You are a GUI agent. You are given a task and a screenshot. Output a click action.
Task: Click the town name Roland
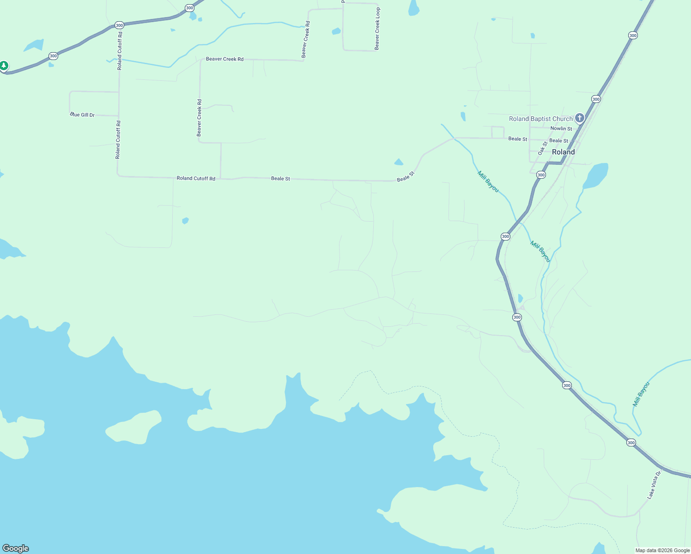564,152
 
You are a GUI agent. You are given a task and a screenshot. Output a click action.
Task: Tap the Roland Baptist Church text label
540,119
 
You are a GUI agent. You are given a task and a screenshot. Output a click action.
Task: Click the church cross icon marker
579,118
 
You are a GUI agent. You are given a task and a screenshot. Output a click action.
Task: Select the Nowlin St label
561,129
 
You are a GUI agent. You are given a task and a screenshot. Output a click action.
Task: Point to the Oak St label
542,148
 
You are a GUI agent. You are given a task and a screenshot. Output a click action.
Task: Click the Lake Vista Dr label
654,485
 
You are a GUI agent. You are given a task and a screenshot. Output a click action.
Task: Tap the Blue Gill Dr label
83,115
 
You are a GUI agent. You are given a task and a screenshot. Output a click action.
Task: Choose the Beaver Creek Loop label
377,29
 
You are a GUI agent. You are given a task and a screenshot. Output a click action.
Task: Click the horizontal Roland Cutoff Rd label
196,179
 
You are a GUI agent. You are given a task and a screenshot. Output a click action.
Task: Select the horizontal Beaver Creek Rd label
224,59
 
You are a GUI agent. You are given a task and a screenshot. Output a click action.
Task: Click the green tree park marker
4,66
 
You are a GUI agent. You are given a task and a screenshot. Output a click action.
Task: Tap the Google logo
16,548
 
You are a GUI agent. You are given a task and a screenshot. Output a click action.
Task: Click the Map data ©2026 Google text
662,550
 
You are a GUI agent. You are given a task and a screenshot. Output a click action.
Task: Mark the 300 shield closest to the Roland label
541,175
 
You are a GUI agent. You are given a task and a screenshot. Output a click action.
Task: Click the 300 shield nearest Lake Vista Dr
631,443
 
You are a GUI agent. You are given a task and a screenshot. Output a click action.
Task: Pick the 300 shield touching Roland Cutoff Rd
119,25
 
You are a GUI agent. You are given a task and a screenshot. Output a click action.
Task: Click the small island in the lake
133,427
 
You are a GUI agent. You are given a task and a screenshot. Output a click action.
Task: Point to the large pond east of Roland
596,175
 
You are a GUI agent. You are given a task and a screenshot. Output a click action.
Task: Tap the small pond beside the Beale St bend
399,162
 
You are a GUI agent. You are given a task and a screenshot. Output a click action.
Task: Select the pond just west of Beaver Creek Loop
336,31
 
